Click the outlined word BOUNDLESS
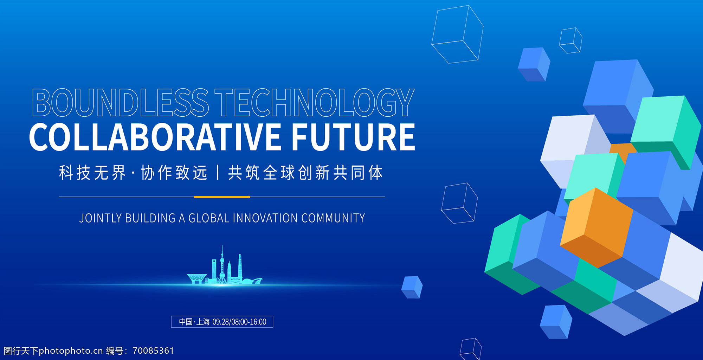point(121,102)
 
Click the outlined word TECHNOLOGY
point(315,102)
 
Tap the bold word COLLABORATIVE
point(155,137)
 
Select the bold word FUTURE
point(353,137)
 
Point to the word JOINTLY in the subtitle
point(101,218)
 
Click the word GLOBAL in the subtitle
point(209,218)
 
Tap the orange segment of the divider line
point(222,197)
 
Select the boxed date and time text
point(222,322)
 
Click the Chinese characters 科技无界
point(92,173)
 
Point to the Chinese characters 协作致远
point(174,173)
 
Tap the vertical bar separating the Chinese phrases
point(218,173)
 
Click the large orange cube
point(596,228)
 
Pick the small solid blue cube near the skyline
point(412,287)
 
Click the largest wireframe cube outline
point(457,34)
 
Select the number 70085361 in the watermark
point(153,351)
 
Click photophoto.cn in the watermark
point(71,351)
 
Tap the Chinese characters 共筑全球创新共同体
point(305,173)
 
